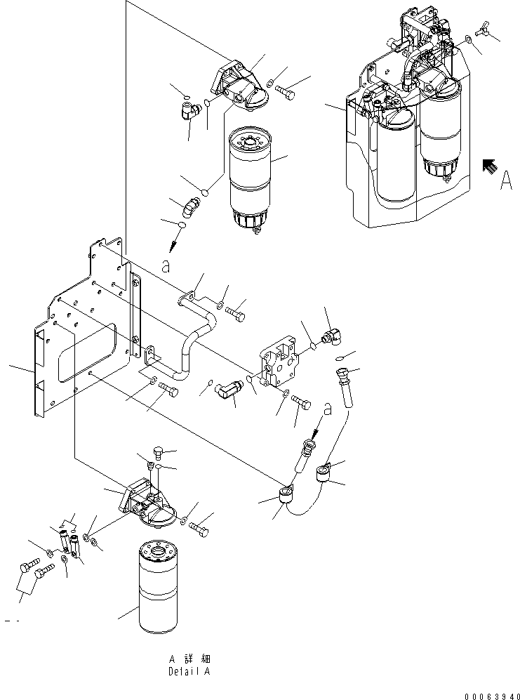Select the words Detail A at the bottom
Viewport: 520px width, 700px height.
(x=189, y=671)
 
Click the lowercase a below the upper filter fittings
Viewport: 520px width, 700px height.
(x=166, y=265)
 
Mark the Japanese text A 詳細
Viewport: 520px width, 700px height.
(x=189, y=659)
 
